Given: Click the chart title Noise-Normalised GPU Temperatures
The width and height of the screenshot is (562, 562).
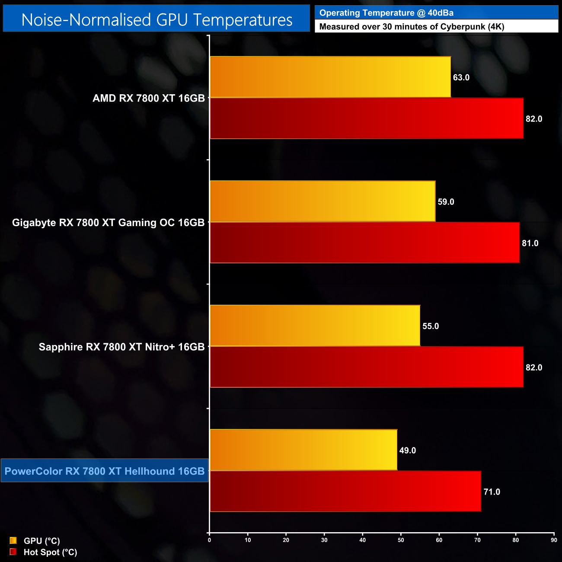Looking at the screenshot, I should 156,20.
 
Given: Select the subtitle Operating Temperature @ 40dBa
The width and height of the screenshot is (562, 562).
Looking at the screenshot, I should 386,13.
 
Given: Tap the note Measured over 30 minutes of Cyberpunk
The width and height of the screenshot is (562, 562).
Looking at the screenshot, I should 411,27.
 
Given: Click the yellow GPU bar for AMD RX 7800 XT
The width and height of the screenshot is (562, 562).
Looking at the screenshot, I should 330,77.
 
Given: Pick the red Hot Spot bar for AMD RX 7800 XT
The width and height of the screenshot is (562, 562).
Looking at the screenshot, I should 367,118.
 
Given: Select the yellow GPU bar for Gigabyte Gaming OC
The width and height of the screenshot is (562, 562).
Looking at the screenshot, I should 323,201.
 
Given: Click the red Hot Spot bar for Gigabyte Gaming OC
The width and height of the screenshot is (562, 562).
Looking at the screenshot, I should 364,243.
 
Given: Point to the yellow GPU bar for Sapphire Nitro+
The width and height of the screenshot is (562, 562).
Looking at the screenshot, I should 315,326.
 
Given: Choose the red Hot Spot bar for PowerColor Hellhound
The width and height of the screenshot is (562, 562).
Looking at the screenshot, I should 345,491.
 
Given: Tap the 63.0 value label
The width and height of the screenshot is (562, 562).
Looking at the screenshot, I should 461,77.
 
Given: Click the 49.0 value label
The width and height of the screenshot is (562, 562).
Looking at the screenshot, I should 407,450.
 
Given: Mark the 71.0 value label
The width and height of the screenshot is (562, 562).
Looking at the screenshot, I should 492,492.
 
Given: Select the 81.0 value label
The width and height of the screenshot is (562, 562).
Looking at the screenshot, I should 530,243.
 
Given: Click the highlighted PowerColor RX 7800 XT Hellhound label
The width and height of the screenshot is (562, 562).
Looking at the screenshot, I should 105,471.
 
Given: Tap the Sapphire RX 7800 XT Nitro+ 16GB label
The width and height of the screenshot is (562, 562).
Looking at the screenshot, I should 121,347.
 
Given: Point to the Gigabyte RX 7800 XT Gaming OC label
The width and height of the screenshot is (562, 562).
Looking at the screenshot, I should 108,223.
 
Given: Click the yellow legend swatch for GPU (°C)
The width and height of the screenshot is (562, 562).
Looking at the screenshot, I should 13,540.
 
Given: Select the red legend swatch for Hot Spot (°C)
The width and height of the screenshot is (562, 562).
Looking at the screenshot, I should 13,552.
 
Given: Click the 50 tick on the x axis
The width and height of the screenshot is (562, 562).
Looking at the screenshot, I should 401,540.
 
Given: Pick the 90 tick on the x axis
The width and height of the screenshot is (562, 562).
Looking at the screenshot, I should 554,540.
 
